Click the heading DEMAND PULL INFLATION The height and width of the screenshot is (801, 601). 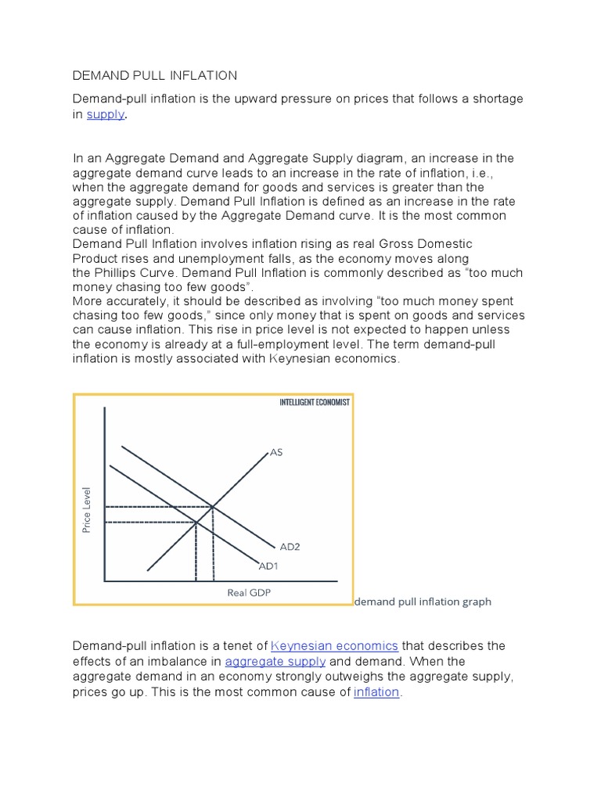click(x=154, y=76)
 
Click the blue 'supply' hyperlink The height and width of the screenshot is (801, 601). click(x=105, y=114)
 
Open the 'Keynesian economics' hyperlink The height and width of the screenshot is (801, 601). click(x=334, y=646)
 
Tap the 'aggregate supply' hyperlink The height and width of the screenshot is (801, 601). click(x=275, y=662)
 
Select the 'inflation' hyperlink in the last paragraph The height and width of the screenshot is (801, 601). click(x=376, y=692)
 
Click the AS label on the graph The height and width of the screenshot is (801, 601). click(x=275, y=452)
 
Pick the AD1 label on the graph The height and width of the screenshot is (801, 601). click(x=268, y=566)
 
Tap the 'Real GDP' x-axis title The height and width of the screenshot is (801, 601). click(x=248, y=592)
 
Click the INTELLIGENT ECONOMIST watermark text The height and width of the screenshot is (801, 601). click(x=315, y=402)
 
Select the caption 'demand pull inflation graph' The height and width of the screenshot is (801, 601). click(x=423, y=602)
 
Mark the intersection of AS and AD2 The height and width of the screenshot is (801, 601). click(x=213, y=506)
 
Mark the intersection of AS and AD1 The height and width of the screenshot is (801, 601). click(x=196, y=522)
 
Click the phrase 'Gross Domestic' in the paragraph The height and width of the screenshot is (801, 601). click(x=427, y=244)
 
